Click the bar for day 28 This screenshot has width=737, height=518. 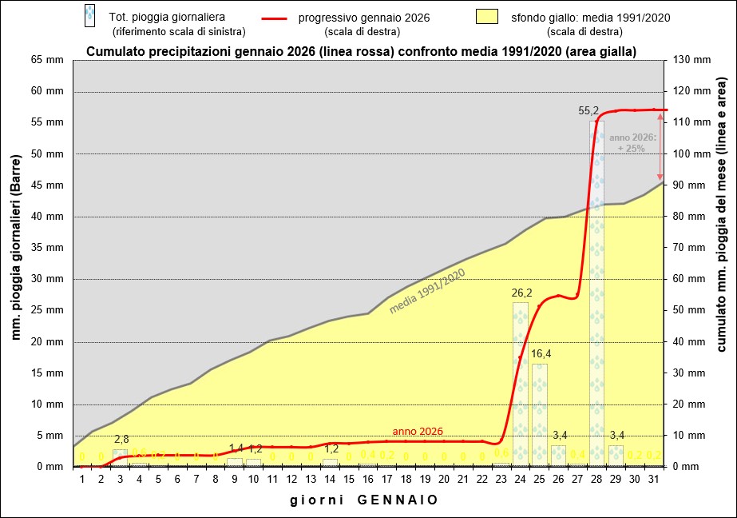click(596, 293)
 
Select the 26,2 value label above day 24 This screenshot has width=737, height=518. click(521, 293)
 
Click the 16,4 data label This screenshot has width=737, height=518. click(541, 354)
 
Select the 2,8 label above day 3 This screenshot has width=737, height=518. click(121, 439)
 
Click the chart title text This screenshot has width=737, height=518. click(361, 53)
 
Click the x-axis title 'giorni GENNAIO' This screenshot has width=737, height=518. click(363, 500)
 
